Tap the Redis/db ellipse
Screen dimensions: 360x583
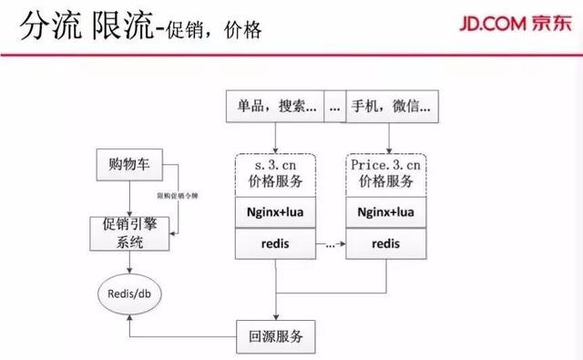(129, 293)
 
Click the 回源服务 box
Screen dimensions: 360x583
(276, 335)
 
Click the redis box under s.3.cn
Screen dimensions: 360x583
(275, 243)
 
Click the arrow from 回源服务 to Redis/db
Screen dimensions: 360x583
(182, 334)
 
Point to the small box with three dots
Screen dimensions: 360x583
(333, 108)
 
